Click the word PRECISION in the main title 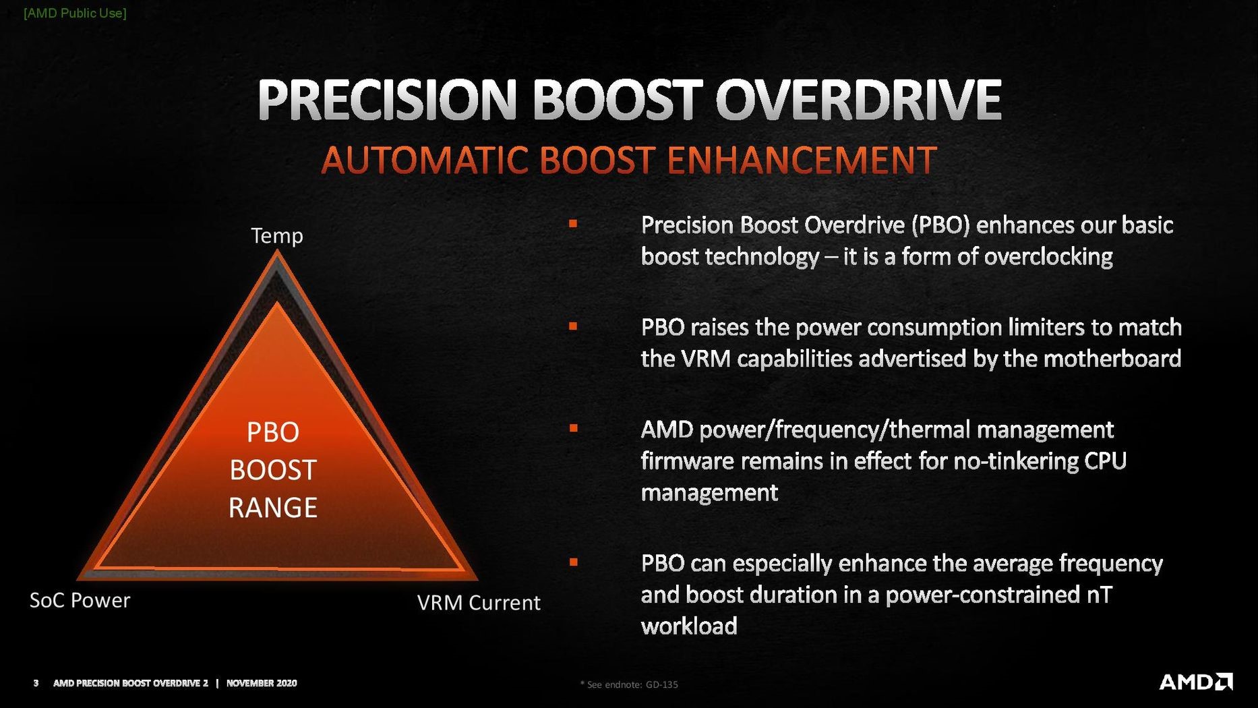[388, 100]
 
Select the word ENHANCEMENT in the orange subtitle [801, 160]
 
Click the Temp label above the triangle [276, 235]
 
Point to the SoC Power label [80, 600]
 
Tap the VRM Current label [479, 602]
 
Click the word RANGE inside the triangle [272, 508]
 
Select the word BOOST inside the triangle [272, 470]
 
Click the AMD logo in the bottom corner [1195, 682]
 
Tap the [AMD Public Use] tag [75, 13]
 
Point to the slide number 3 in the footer [36, 683]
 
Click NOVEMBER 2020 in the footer [262, 683]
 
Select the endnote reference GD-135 [661, 684]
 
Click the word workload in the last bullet [688, 626]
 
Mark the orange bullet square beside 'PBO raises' [573, 326]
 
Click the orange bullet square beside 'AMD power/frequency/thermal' [573, 428]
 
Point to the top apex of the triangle [277, 254]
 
